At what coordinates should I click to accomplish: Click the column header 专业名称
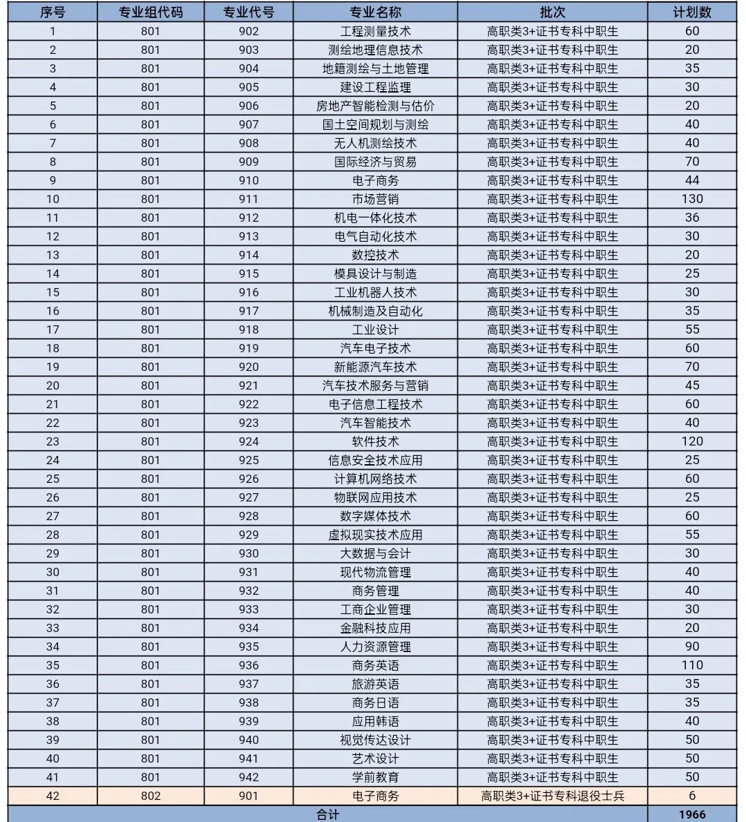coord(375,12)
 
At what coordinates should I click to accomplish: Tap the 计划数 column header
coord(692,12)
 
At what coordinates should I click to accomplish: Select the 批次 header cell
coord(552,12)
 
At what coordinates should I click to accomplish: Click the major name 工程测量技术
coord(375,31)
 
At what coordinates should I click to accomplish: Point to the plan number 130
coord(692,199)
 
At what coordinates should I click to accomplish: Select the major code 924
coord(249,441)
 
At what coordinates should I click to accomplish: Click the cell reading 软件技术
coord(375,441)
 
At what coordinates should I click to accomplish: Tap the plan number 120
coord(692,441)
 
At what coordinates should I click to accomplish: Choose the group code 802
coord(151,796)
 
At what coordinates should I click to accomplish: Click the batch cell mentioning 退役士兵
coord(552,796)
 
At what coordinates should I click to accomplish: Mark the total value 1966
coord(692,814)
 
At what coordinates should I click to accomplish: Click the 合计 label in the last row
coord(327,814)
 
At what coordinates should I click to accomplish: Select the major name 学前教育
coord(375,777)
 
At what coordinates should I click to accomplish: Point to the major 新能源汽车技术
coord(375,367)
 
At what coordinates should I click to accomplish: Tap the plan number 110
coord(692,665)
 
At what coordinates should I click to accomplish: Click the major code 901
coord(249,796)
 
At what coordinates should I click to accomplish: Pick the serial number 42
coord(52,796)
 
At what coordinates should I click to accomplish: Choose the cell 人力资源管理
coord(375,647)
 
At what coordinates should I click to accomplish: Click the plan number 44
coord(692,180)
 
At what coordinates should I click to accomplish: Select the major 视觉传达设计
coord(375,740)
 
